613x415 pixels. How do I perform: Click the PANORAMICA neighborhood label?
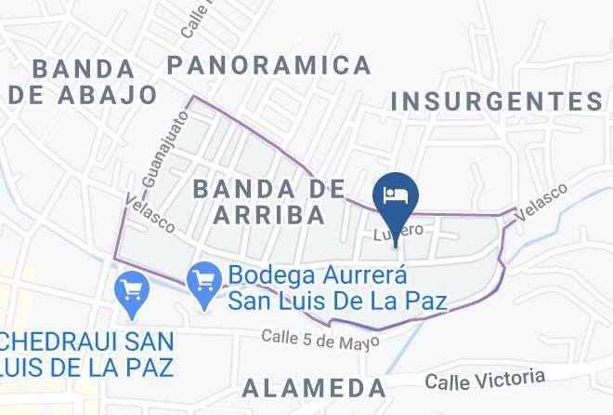[269, 65]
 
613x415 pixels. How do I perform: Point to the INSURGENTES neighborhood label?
[497, 100]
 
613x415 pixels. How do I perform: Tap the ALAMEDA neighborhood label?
[313, 387]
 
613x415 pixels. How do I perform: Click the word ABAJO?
[109, 94]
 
